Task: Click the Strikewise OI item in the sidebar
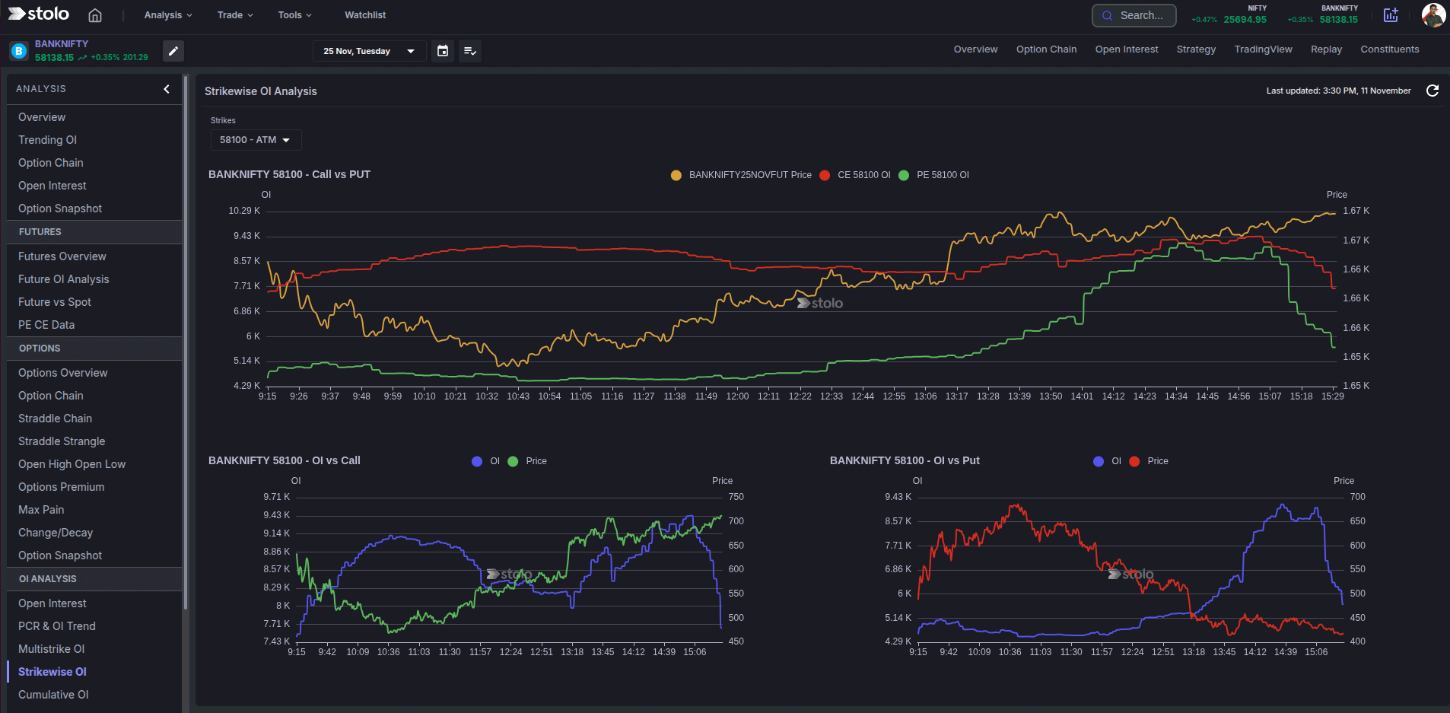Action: coord(52,672)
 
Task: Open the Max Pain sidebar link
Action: coord(41,510)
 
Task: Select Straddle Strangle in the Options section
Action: coord(62,441)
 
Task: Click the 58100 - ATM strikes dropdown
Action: coord(256,140)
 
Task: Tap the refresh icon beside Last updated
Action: coord(1433,91)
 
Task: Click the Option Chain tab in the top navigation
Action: coord(1046,49)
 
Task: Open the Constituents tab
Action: coord(1389,49)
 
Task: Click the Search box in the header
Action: coord(1134,15)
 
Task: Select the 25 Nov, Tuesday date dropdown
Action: coord(369,51)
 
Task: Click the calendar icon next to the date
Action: coord(443,51)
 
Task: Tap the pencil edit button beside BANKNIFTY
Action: coord(173,51)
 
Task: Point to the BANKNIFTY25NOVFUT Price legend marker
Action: coord(676,175)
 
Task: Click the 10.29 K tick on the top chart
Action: coord(243,211)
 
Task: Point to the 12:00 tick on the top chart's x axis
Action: coord(737,396)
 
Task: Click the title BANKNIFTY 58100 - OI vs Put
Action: coord(905,460)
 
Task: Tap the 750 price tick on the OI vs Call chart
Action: coord(736,497)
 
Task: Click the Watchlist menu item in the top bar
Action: coord(365,15)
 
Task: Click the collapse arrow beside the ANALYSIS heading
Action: coord(167,89)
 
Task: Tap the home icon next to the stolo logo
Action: coord(95,15)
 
